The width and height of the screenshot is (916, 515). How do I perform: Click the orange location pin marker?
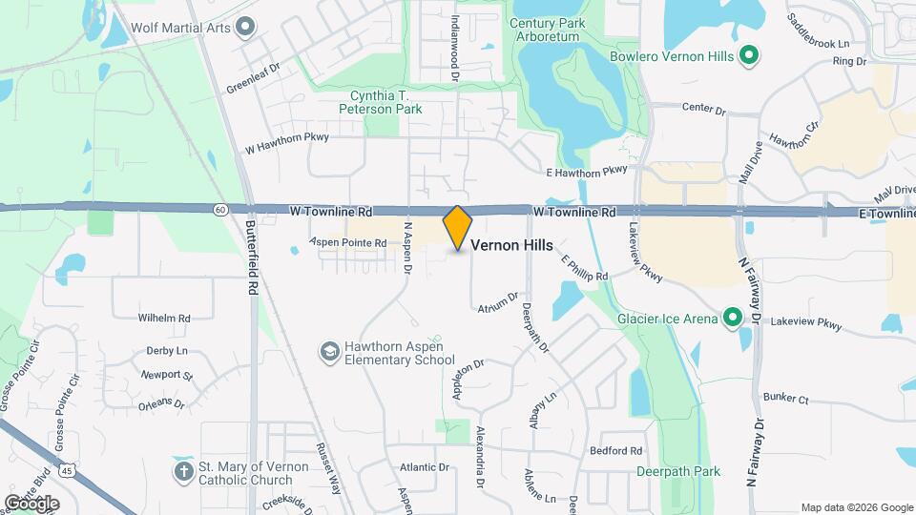pyautogui.click(x=458, y=228)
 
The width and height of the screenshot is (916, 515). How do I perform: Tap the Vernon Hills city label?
pyautogui.click(x=511, y=245)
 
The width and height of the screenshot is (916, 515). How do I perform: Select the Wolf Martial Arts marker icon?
pyautogui.click(x=245, y=27)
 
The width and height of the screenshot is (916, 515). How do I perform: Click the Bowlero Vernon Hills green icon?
pyautogui.click(x=749, y=56)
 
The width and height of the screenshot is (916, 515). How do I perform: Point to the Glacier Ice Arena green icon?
pyautogui.click(x=732, y=318)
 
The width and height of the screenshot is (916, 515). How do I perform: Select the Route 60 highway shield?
pyautogui.click(x=220, y=210)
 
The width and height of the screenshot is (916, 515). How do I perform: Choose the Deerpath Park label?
pyautogui.click(x=679, y=471)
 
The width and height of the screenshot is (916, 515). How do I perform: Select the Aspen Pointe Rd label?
pyautogui.click(x=348, y=243)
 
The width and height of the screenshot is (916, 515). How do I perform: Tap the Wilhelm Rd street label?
pyautogui.click(x=164, y=318)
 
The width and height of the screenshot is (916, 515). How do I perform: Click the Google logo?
pyautogui.click(x=31, y=503)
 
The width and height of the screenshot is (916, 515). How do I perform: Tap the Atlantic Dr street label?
pyautogui.click(x=424, y=467)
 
